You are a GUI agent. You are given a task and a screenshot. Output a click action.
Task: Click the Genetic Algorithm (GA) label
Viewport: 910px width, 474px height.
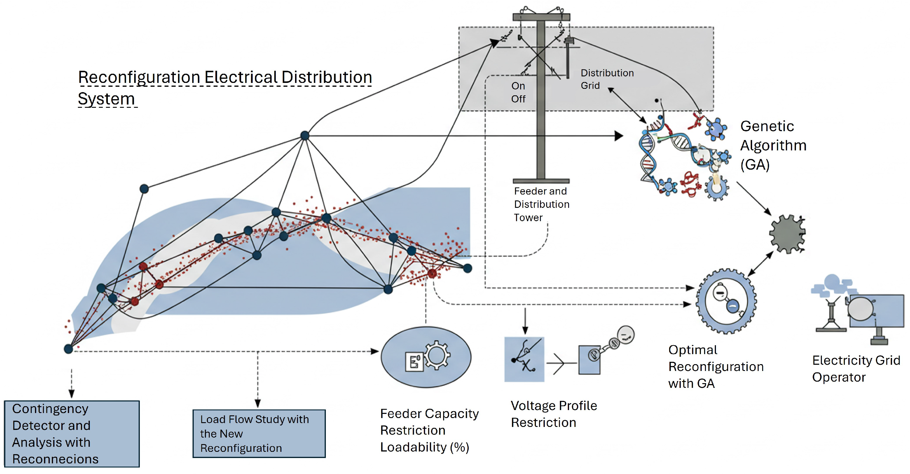773,145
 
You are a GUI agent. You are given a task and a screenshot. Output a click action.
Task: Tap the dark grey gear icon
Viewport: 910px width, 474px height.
787,234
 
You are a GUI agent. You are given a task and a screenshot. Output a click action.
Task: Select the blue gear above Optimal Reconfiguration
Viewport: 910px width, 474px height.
726,301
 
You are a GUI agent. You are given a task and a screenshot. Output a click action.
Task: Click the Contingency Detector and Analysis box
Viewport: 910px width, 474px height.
72,433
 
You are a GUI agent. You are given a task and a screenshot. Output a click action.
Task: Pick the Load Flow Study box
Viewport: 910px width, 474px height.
259,433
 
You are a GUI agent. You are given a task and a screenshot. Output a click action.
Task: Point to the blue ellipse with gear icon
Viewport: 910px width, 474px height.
426,357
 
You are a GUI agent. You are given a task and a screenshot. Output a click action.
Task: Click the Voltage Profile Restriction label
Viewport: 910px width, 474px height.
554,414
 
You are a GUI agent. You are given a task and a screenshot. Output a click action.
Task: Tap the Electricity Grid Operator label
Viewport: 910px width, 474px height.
855,369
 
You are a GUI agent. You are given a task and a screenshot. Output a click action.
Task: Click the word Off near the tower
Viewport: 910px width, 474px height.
518,99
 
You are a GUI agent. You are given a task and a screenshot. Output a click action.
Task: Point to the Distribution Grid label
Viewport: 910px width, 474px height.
607,79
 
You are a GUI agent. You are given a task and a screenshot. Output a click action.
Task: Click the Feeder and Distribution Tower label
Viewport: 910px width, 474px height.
541,204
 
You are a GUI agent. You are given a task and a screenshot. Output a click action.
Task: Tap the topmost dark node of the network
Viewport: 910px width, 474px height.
305,135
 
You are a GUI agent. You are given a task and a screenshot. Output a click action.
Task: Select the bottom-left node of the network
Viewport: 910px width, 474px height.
68,349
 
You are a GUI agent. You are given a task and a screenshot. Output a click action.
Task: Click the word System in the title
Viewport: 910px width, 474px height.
106,99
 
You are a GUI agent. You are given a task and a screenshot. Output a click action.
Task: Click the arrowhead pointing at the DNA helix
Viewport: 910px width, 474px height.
619,136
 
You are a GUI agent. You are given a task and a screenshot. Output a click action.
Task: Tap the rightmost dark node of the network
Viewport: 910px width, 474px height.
467,268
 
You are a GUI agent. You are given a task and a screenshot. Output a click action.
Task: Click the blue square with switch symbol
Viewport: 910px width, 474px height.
524,359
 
